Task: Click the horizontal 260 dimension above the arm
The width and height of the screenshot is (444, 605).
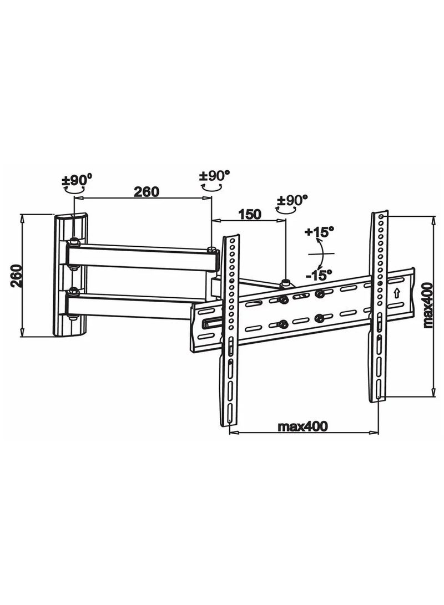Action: coord(146,192)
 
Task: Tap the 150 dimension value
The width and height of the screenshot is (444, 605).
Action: coord(250,214)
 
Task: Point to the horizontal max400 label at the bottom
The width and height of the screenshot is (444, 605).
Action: coord(302,426)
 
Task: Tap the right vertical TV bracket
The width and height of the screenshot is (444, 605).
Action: coord(379,305)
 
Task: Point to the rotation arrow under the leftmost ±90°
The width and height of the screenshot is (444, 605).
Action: coord(74,189)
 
